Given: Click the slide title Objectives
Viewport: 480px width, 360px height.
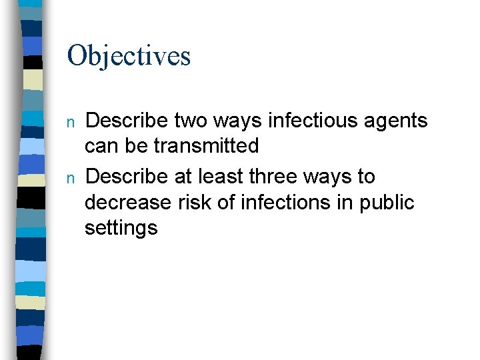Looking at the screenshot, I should (x=129, y=56).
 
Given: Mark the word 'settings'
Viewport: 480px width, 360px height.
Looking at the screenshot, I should (x=121, y=229).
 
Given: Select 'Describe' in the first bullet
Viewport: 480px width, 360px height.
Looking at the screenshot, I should (x=127, y=121).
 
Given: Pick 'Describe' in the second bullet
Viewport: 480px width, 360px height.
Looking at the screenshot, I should (x=127, y=177).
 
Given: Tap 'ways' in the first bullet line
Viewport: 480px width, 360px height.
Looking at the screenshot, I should (x=229, y=122).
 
